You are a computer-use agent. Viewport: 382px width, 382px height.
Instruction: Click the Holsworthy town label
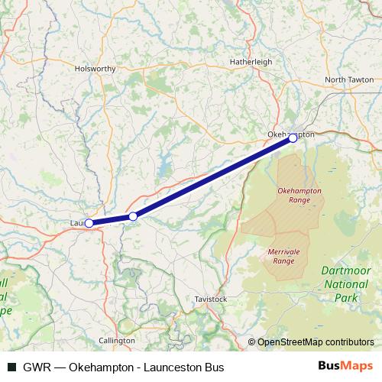pyautogui.click(x=95, y=68)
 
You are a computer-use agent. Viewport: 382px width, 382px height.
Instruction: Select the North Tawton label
pyautogui.click(x=349, y=79)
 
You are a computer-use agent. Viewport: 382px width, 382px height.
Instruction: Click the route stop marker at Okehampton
pyautogui.click(x=293, y=138)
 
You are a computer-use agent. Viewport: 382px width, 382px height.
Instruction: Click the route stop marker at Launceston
pyautogui.click(x=89, y=223)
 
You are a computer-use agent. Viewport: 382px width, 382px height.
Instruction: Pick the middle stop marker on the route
pyautogui.click(x=133, y=217)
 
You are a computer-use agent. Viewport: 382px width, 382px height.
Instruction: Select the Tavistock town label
pyautogui.click(x=211, y=299)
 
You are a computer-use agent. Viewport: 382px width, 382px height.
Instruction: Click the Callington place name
pyautogui.click(x=117, y=339)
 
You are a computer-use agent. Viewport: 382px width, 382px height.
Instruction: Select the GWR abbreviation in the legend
pyautogui.click(x=36, y=367)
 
